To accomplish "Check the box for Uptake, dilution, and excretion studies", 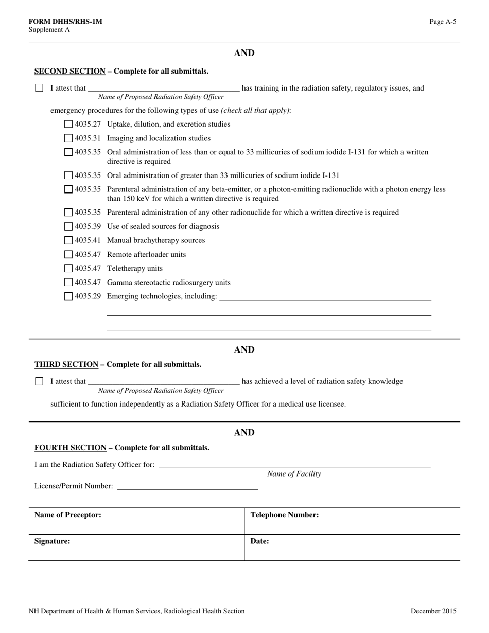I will [x=68, y=124].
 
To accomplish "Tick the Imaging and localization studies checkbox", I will [x=68, y=138].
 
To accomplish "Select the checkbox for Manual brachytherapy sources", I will [x=68, y=240].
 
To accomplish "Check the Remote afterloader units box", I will [x=68, y=254].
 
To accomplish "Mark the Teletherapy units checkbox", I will [x=68, y=268].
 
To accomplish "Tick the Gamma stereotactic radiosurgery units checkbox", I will [x=68, y=282].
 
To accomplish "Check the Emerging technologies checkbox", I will [x=68, y=296].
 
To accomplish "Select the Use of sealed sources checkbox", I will [x=68, y=226].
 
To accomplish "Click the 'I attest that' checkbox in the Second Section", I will [x=39, y=88].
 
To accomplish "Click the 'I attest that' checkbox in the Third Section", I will [x=39, y=381].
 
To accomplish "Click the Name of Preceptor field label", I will [x=67, y=515].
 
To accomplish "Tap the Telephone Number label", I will [x=285, y=515].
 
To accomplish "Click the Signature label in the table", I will [x=52, y=541].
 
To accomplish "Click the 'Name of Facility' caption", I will [x=294, y=474].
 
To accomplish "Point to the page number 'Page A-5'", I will [x=443, y=22].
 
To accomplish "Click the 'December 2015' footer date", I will [x=433, y=611].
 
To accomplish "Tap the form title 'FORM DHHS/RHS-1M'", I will [x=65, y=22].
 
